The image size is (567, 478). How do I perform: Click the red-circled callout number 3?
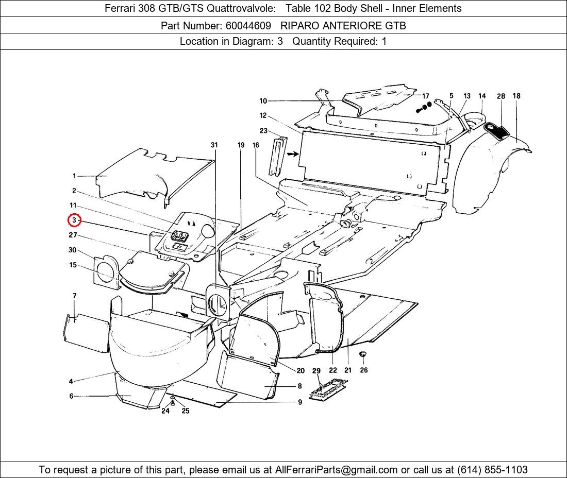(x=75, y=220)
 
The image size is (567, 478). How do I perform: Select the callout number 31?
(x=214, y=145)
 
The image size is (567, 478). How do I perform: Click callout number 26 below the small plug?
(x=364, y=370)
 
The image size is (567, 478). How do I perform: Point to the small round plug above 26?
(x=362, y=354)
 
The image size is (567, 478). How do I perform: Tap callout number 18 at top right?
(x=516, y=96)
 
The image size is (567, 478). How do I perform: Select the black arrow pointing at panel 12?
(x=292, y=153)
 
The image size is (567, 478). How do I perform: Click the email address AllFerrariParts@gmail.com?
(x=337, y=470)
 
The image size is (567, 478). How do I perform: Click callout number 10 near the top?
(x=263, y=101)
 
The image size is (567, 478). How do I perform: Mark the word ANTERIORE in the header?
(x=344, y=25)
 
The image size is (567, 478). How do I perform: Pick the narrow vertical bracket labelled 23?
(x=278, y=155)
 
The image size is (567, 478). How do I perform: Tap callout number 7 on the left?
(x=75, y=296)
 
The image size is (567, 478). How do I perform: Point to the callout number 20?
(x=301, y=370)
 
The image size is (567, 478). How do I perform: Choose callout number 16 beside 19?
(x=256, y=145)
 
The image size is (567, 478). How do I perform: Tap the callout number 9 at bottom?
(x=300, y=402)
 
